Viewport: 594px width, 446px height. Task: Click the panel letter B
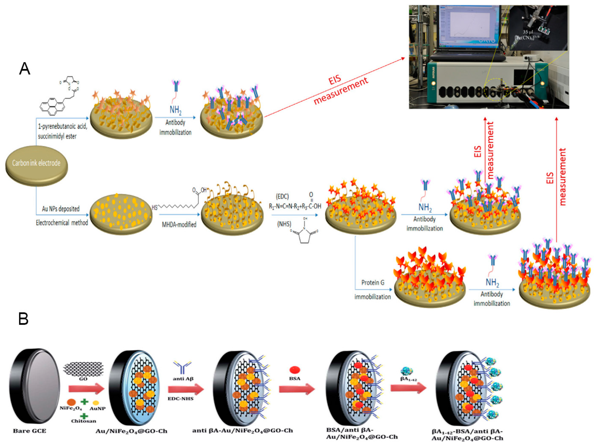[23, 319]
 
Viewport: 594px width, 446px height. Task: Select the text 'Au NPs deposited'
[61, 209]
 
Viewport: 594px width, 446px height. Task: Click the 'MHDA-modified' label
[179, 224]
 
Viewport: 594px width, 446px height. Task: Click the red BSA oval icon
[295, 370]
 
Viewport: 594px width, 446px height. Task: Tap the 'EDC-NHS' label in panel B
[180, 399]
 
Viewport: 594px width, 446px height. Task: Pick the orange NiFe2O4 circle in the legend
[71, 402]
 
